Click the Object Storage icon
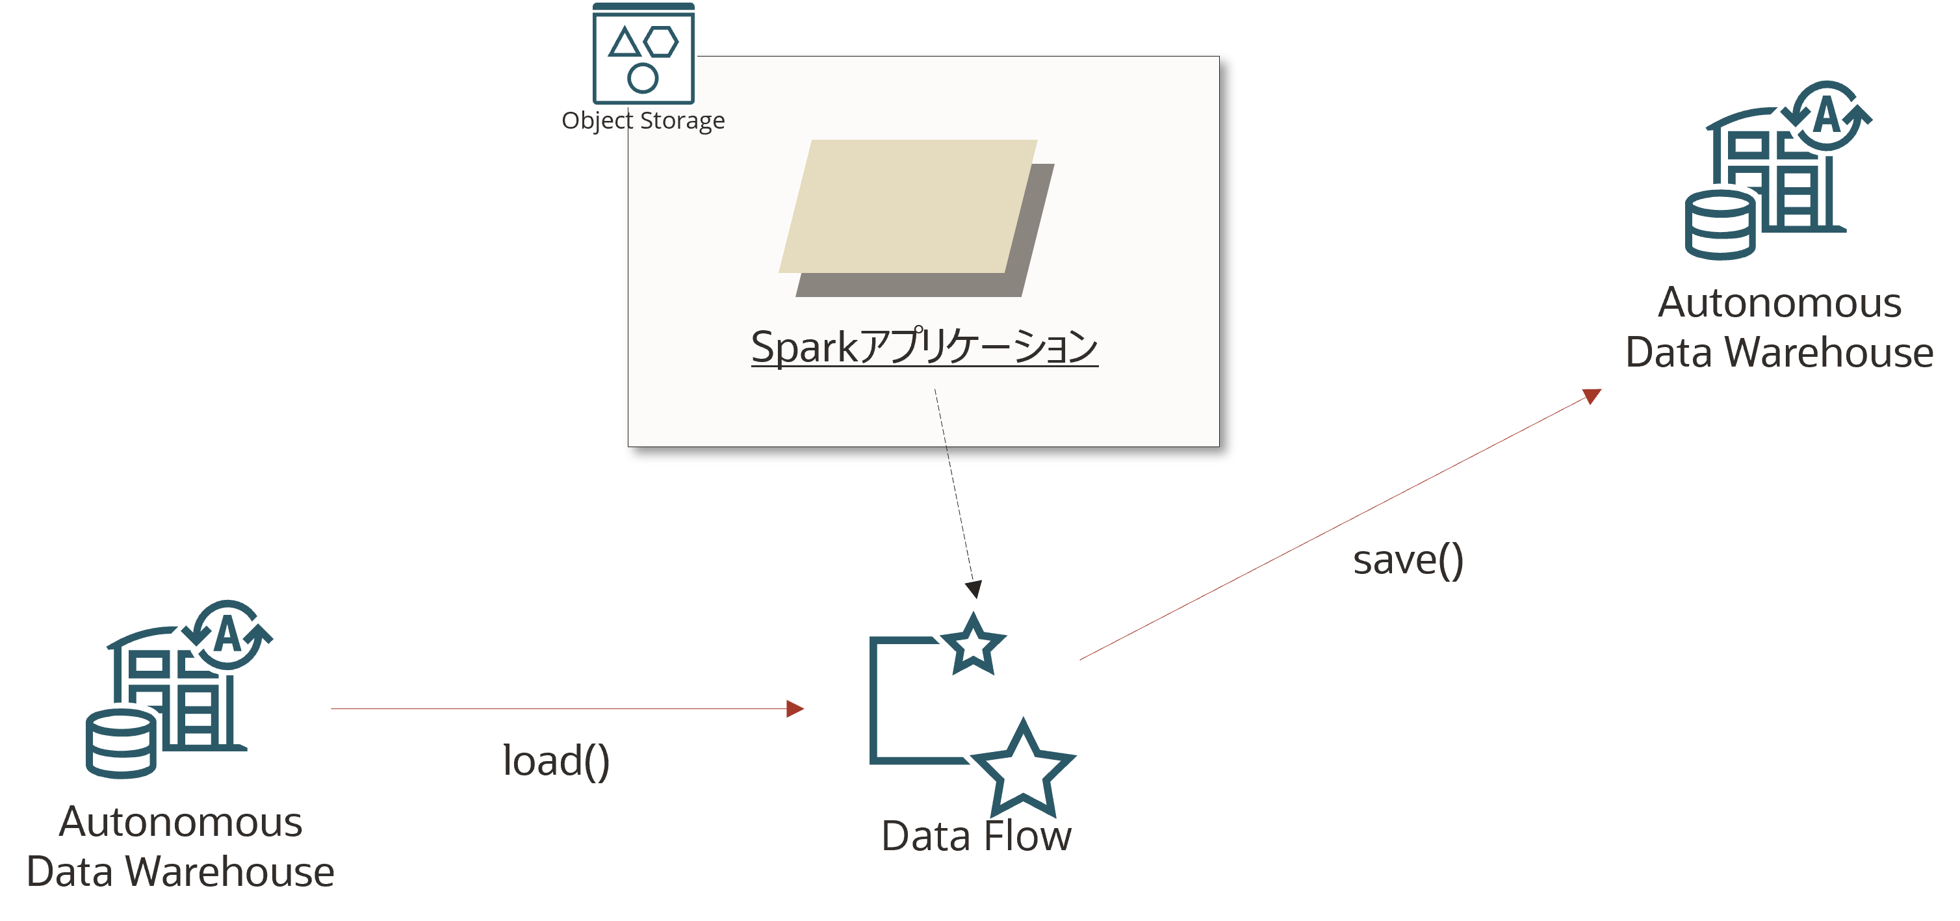tap(643, 53)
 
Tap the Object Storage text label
tap(643, 120)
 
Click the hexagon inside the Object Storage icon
tap(660, 42)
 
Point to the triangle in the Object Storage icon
tap(625, 44)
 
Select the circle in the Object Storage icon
tap(643, 77)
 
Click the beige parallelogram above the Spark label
tap(905, 205)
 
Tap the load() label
tap(556, 760)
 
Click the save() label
tap(1408, 560)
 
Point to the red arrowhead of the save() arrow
tap(1592, 396)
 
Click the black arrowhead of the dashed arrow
tap(973, 589)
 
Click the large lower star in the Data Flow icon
tap(1023, 765)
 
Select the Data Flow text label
tap(975, 836)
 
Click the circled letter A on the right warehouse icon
tap(1827, 116)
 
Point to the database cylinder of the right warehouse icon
tap(1720, 226)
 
